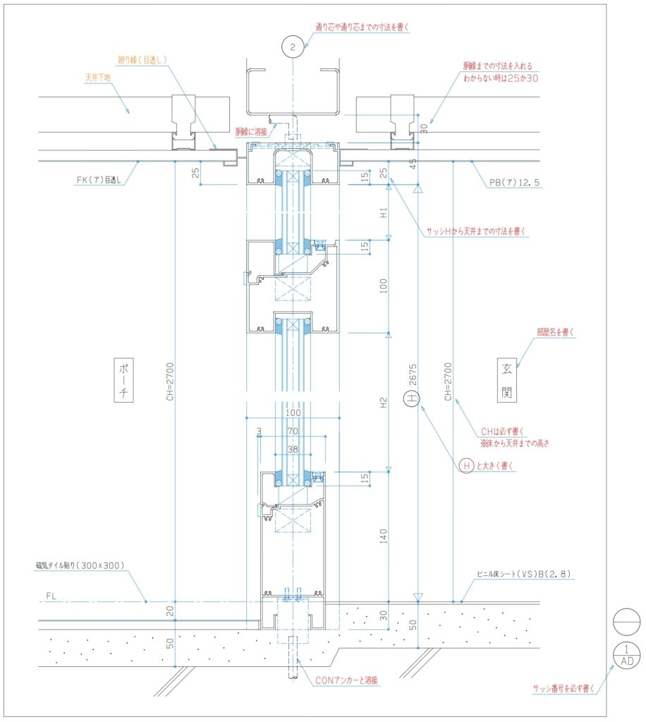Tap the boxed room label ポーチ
tap(123, 380)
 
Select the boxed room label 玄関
tap(507, 380)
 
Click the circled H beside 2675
tap(412, 398)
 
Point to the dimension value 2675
tap(413, 374)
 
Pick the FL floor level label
tap(51, 596)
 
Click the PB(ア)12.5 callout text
tap(514, 183)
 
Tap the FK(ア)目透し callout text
tap(99, 180)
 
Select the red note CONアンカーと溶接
tap(347, 680)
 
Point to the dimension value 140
tap(383, 536)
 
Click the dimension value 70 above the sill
tap(293, 431)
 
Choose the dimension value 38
tap(293, 449)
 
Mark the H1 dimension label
tap(383, 213)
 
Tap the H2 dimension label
tap(383, 403)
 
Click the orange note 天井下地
tap(97, 78)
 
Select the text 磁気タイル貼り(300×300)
tap(80, 565)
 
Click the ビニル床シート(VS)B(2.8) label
tap(524, 574)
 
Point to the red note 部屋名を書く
tap(555, 332)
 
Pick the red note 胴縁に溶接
tap(251, 132)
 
